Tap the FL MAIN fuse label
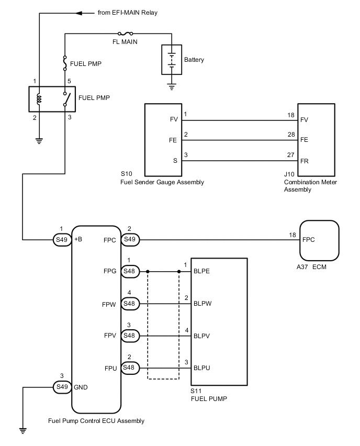(126, 42)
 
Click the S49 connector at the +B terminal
(62, 240)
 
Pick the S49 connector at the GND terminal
(62, 387)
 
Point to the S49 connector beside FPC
(130, 240)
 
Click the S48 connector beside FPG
(130, 272)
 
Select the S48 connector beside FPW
(130, 303)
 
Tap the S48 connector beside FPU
(130, 367)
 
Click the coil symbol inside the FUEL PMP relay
(39, 98)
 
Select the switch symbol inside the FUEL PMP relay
(65, 98)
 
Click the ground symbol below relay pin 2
(39, 141)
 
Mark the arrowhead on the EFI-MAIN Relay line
(80, 13)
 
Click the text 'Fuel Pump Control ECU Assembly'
(96, 420)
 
